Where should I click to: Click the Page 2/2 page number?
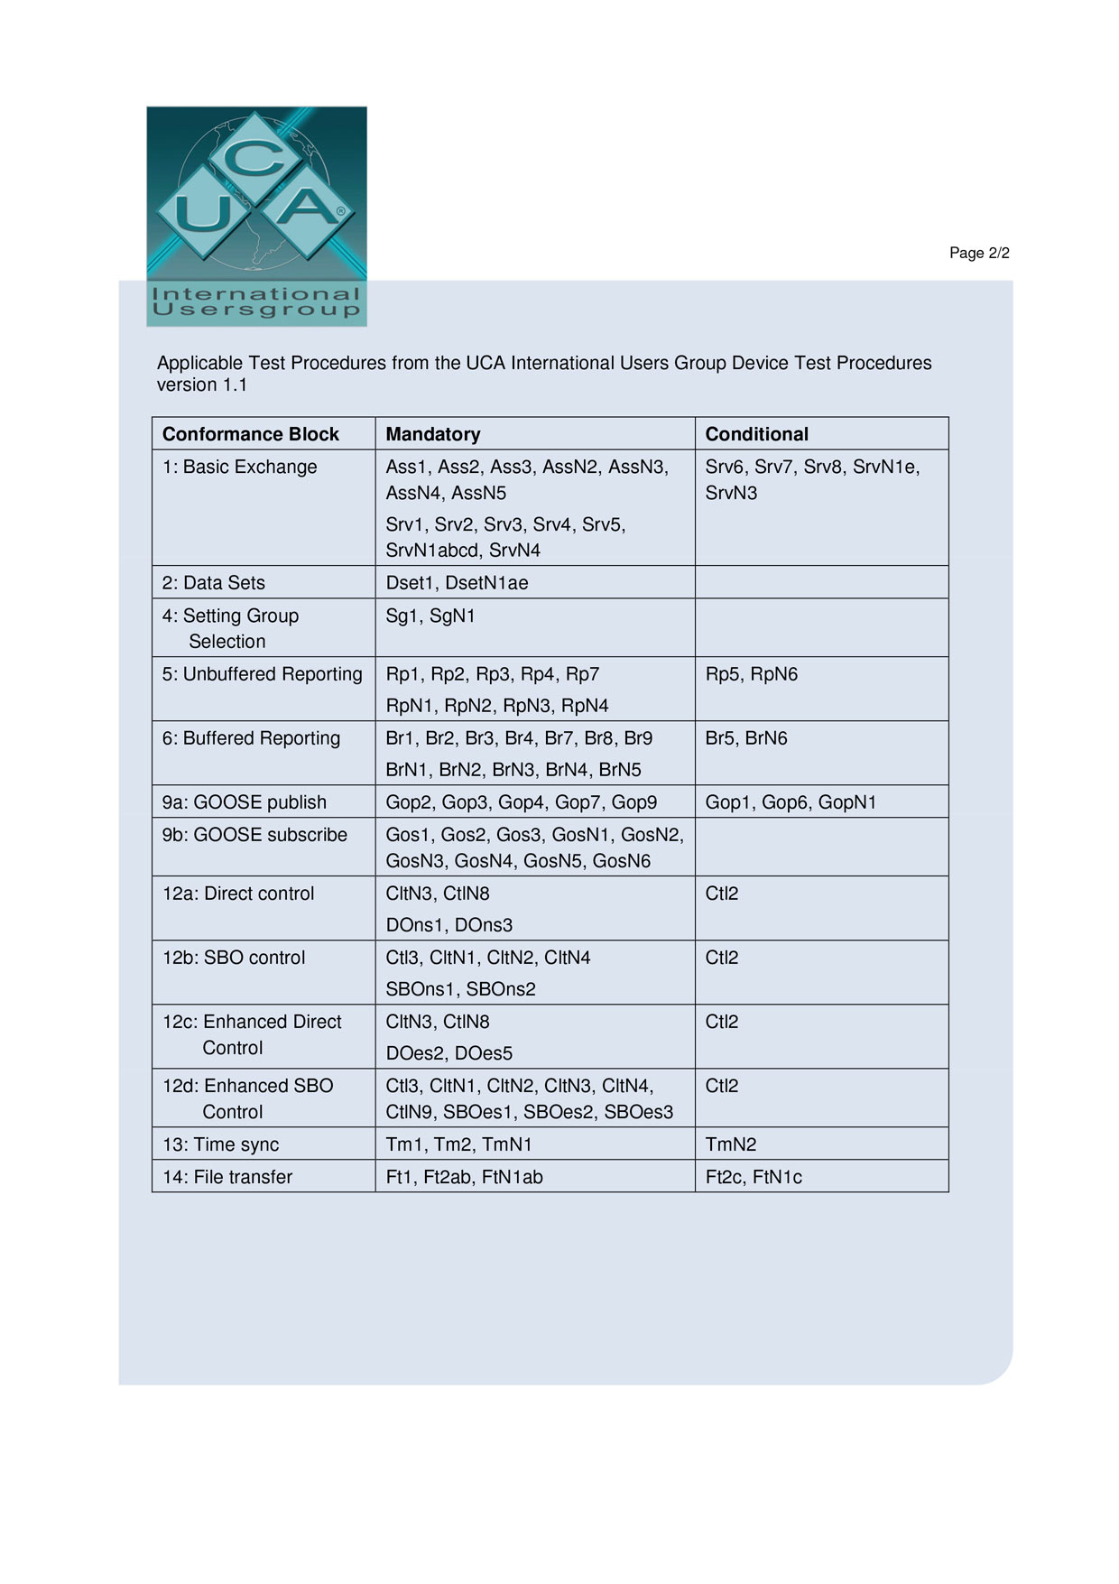978,253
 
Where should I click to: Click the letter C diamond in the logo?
256,159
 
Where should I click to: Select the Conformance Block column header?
250,434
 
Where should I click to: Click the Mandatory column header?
432,434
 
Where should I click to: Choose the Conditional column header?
756,434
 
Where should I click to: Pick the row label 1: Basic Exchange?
239,467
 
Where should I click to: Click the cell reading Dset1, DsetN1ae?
457,583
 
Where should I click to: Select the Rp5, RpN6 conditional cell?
751,674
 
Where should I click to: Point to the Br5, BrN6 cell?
745,738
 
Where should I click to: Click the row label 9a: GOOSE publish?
244,802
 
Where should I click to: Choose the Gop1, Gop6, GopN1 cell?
791,802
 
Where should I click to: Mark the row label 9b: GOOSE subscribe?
254,835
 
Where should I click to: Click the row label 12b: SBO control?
233,958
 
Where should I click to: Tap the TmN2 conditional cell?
730,1144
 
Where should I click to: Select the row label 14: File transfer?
227,1177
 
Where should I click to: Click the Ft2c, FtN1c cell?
753,1177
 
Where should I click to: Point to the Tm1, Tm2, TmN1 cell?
458,1144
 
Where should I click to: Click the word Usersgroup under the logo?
256,310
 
